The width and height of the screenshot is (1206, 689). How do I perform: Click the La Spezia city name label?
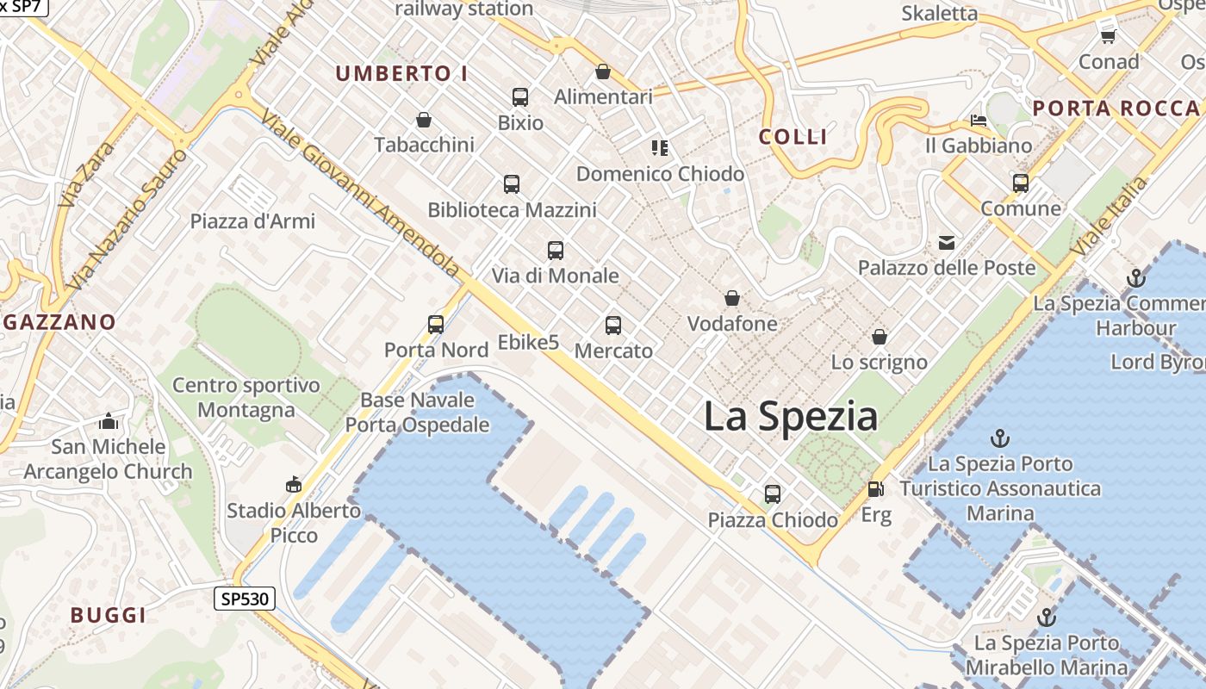coord(791,417)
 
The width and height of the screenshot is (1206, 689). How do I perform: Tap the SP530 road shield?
coord(245,599)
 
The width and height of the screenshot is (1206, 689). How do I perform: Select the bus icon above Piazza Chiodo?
coord(773,494)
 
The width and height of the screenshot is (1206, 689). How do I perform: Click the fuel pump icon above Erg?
coord(875,489)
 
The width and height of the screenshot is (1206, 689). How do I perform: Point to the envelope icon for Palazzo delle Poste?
coord(947,243)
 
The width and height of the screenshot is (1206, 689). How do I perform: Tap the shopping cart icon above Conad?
coord(1109,36)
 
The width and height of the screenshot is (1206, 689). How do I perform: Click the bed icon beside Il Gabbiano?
coord(978,121)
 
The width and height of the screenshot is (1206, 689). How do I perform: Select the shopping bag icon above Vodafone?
coord(732,299)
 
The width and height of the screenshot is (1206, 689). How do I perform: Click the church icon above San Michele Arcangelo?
coord(109,422)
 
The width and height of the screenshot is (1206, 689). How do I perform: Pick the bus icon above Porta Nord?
coord(436,325)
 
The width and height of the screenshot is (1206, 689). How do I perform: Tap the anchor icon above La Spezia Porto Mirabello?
coord(1047,618)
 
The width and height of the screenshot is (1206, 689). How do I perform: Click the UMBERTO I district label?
coord(401,74)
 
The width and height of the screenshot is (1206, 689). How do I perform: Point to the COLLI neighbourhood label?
coord(793,136)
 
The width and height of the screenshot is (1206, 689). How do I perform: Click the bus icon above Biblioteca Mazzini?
coord(512,184)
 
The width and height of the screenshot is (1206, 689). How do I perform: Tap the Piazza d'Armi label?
coord(252,221)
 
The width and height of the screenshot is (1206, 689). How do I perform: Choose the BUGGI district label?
coord(109,615)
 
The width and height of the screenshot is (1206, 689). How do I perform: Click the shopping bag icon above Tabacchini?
coord(424,119)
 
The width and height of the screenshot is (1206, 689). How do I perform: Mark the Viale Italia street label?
coord(1109,215)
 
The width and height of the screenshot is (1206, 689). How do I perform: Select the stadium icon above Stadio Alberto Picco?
coord(294,485)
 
